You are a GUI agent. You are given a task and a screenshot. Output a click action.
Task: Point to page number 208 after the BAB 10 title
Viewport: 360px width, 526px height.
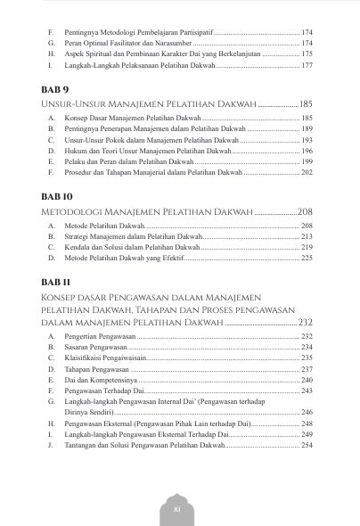coord(304,212)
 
